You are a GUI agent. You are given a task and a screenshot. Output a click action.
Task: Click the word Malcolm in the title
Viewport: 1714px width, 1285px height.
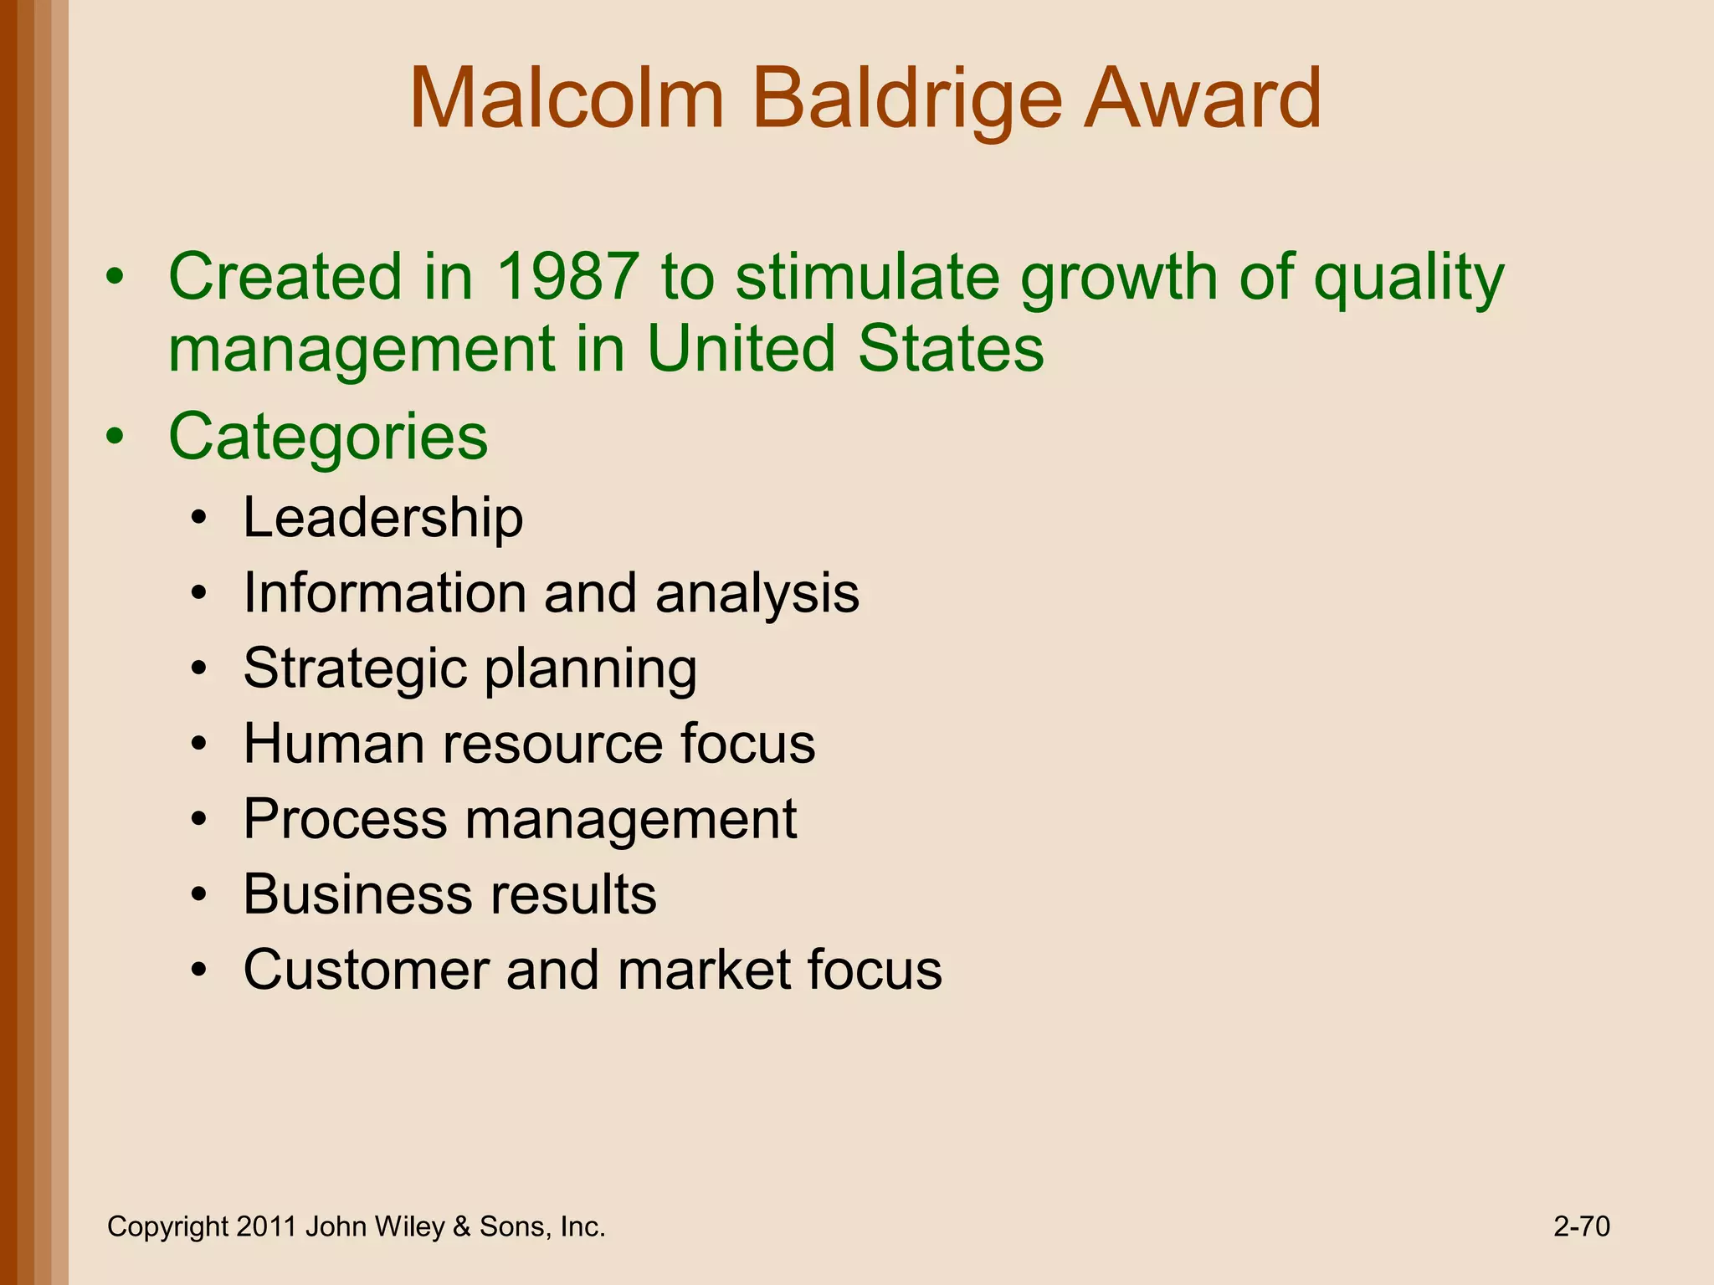567,100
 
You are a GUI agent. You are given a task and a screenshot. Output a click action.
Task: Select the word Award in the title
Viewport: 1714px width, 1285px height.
1202,100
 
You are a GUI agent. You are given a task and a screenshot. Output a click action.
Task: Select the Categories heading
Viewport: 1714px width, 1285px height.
328,437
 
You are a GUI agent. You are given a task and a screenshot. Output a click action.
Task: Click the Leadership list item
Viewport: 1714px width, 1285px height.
383,518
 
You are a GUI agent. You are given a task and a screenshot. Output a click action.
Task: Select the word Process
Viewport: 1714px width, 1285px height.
345,819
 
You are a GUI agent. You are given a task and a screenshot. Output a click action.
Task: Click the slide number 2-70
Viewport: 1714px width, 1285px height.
1582,1227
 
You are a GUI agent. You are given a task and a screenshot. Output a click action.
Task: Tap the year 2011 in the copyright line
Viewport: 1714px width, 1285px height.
266,1227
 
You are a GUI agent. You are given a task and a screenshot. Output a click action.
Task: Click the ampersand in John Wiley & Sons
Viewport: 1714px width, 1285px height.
461,1227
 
